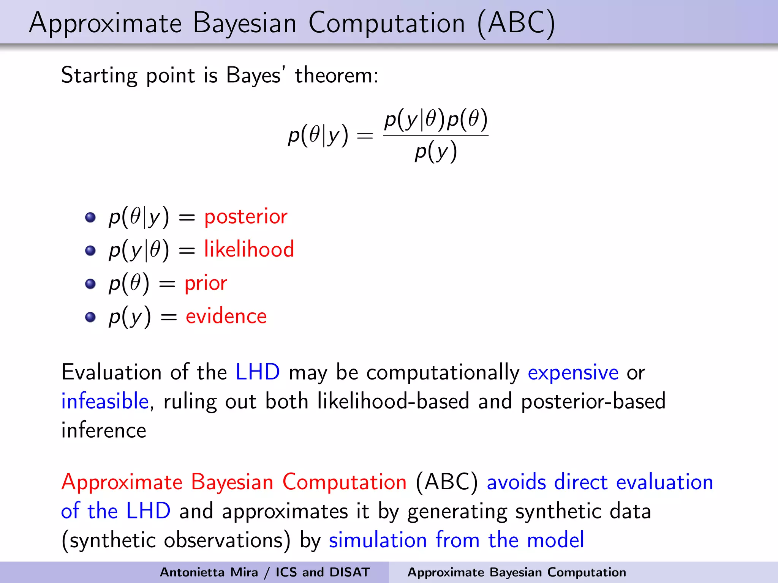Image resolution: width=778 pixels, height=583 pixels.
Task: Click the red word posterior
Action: click(x=246, y=217)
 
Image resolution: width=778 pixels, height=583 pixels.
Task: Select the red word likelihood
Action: click(x=249, y=250)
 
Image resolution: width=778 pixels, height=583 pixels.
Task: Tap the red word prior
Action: click(x=206, y=284)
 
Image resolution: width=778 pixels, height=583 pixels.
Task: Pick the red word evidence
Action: click(x=226, y=317)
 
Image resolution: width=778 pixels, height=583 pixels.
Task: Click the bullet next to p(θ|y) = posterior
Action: click(x=90, y=217)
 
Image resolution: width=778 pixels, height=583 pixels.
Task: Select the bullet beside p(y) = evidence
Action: click(x=90, y=317)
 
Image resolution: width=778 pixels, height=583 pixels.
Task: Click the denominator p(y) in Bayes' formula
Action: click(x=435, y=152)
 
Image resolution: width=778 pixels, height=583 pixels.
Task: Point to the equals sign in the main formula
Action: click(x=365, y=136)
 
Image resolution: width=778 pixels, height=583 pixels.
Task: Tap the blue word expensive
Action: click(x=573, y=373)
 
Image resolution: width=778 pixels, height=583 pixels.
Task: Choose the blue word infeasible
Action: click(x=105, y=402)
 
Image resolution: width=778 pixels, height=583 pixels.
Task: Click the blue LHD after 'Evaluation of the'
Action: click(x=258, y=372)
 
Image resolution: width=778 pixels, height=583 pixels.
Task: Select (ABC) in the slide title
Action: click(x=516, y=24)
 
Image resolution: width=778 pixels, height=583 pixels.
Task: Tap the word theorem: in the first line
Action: click(x=337, y=75)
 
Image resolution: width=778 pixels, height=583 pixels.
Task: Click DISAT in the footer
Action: click(x=349, y=572)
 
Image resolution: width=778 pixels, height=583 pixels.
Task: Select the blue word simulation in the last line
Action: click(x=378, y=540)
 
